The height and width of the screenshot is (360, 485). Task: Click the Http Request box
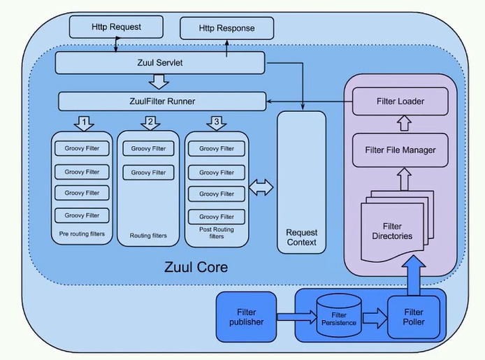click(116, 27)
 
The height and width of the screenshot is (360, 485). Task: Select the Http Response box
click(226, 29)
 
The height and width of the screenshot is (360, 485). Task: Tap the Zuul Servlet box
click(160, 63)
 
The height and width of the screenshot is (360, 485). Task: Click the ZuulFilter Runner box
click(161, 102)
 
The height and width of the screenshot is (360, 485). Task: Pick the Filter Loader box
click(400, 102)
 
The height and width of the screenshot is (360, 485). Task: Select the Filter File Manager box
click(400, 150)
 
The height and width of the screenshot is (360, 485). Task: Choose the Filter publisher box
click(246, 317)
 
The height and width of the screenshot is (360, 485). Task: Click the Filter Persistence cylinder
click(338, 317)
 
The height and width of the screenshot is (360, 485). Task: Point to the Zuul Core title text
click(196, 267)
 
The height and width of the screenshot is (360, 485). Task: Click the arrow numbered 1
click(85, 123)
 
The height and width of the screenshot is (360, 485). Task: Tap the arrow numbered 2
click(150, 123)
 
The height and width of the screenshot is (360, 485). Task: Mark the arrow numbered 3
click(217, 123)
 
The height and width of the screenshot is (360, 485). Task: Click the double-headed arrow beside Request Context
click(261, 187)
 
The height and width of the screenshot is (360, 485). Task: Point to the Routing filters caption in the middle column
click(149, 236)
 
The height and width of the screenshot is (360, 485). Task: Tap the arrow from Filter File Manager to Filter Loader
click(400, 124)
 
